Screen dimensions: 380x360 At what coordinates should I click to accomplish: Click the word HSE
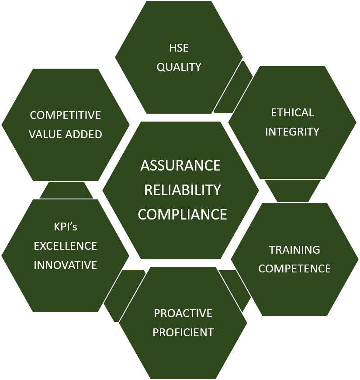(179, 48)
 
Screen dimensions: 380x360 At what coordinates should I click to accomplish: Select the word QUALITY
(179, 67)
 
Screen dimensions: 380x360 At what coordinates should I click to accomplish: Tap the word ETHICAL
(292, 112)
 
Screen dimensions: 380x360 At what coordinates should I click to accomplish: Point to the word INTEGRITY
(292, 132)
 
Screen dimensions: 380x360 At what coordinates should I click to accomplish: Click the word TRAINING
(294, 250)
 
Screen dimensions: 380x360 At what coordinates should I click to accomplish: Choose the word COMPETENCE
(294, 268)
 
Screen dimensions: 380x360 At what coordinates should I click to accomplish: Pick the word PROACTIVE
(183, 313)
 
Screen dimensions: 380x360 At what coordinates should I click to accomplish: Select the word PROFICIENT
(183, 332)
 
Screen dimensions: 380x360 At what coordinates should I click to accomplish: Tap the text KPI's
(65, 227)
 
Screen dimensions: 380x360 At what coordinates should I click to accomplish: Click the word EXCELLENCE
(65, 246)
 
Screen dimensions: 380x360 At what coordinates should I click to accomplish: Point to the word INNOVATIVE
(65, 265)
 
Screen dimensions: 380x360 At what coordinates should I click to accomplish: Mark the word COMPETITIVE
(65, 115)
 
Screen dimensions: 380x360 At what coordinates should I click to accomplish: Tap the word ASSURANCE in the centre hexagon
(180, 166)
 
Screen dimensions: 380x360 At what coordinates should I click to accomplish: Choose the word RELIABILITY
(183, 190)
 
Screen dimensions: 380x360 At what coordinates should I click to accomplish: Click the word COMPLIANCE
(183, 214)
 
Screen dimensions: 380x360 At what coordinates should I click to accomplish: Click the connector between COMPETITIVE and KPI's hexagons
(66, 191)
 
